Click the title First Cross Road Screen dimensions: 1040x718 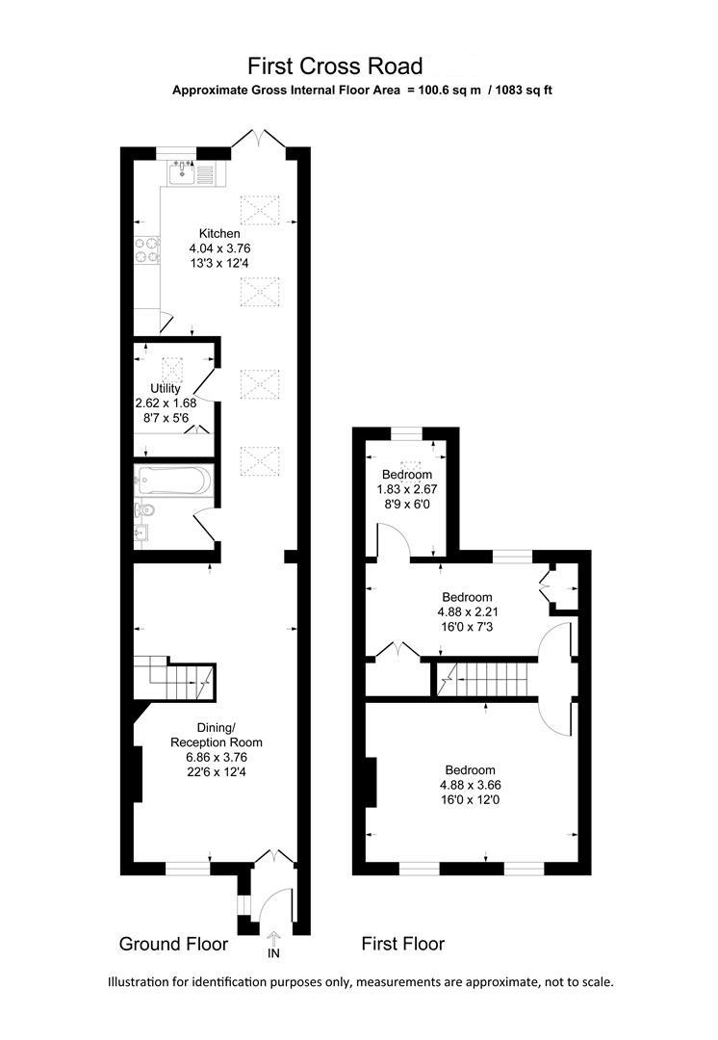point(335,66)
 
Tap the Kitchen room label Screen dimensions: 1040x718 point(219,234)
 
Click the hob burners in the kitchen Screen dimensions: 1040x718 point(147,251)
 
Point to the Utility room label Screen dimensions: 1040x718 point(166,389)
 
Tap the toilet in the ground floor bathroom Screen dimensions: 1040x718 point(143,510)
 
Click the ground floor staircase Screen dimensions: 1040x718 point(175,679)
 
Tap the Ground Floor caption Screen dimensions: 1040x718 point(173,944)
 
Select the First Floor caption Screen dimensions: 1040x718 point(402,944)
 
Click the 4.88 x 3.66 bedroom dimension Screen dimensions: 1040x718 point(470,785)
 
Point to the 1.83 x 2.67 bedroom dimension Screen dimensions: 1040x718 point(407,489)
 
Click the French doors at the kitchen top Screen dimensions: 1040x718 point(260,140)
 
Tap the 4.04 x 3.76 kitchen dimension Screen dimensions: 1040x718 point(219,248)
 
